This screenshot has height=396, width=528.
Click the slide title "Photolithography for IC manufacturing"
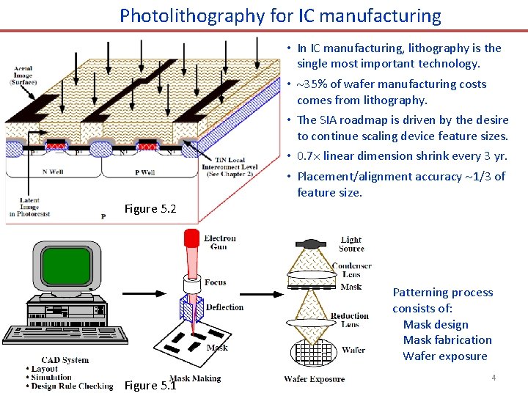tap(281, 15)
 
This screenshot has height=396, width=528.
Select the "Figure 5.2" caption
tap(150, 209)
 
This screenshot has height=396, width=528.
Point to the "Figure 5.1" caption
tap(150, 385)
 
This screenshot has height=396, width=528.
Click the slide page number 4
tap(494, 378)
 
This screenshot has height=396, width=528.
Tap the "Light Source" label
tap(351, 244)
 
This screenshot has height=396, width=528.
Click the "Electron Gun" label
tap(220, 243)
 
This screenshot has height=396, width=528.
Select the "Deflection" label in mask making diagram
tap(224, 307)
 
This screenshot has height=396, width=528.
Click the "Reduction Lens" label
tap(350, 320)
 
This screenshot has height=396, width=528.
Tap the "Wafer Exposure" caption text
tap(314, 379)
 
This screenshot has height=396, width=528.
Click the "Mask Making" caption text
tap(195, 378)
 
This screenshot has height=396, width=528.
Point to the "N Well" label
tap(55, 172)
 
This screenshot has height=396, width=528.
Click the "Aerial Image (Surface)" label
tap(23, 76)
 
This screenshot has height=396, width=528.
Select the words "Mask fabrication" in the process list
tap(447, 340)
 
